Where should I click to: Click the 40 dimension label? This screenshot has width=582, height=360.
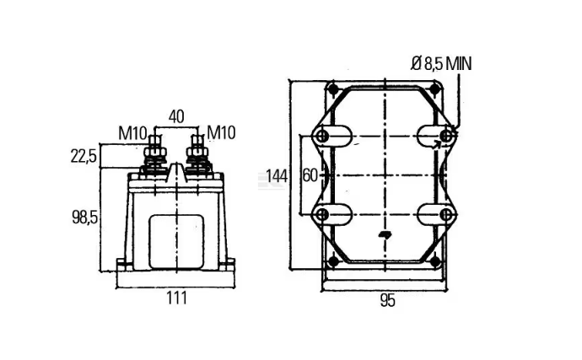[x=176, y=117]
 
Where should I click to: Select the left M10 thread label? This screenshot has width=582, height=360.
[x=132, y=133]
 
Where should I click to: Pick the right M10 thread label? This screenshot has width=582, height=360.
[x=221, y=132]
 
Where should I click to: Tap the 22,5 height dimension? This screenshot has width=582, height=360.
[x=84, y=156]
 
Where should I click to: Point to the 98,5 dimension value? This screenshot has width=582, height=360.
[x=84, y=218]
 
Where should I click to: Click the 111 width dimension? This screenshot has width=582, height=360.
[x=176, y=298]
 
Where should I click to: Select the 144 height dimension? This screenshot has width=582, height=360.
[x=277, y=176]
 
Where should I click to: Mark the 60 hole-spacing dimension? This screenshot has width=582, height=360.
[x=310, y=175]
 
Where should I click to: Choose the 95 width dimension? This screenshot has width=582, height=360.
[x=387, y=301]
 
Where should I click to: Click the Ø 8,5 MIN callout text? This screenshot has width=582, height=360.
[x=441, y=64]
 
